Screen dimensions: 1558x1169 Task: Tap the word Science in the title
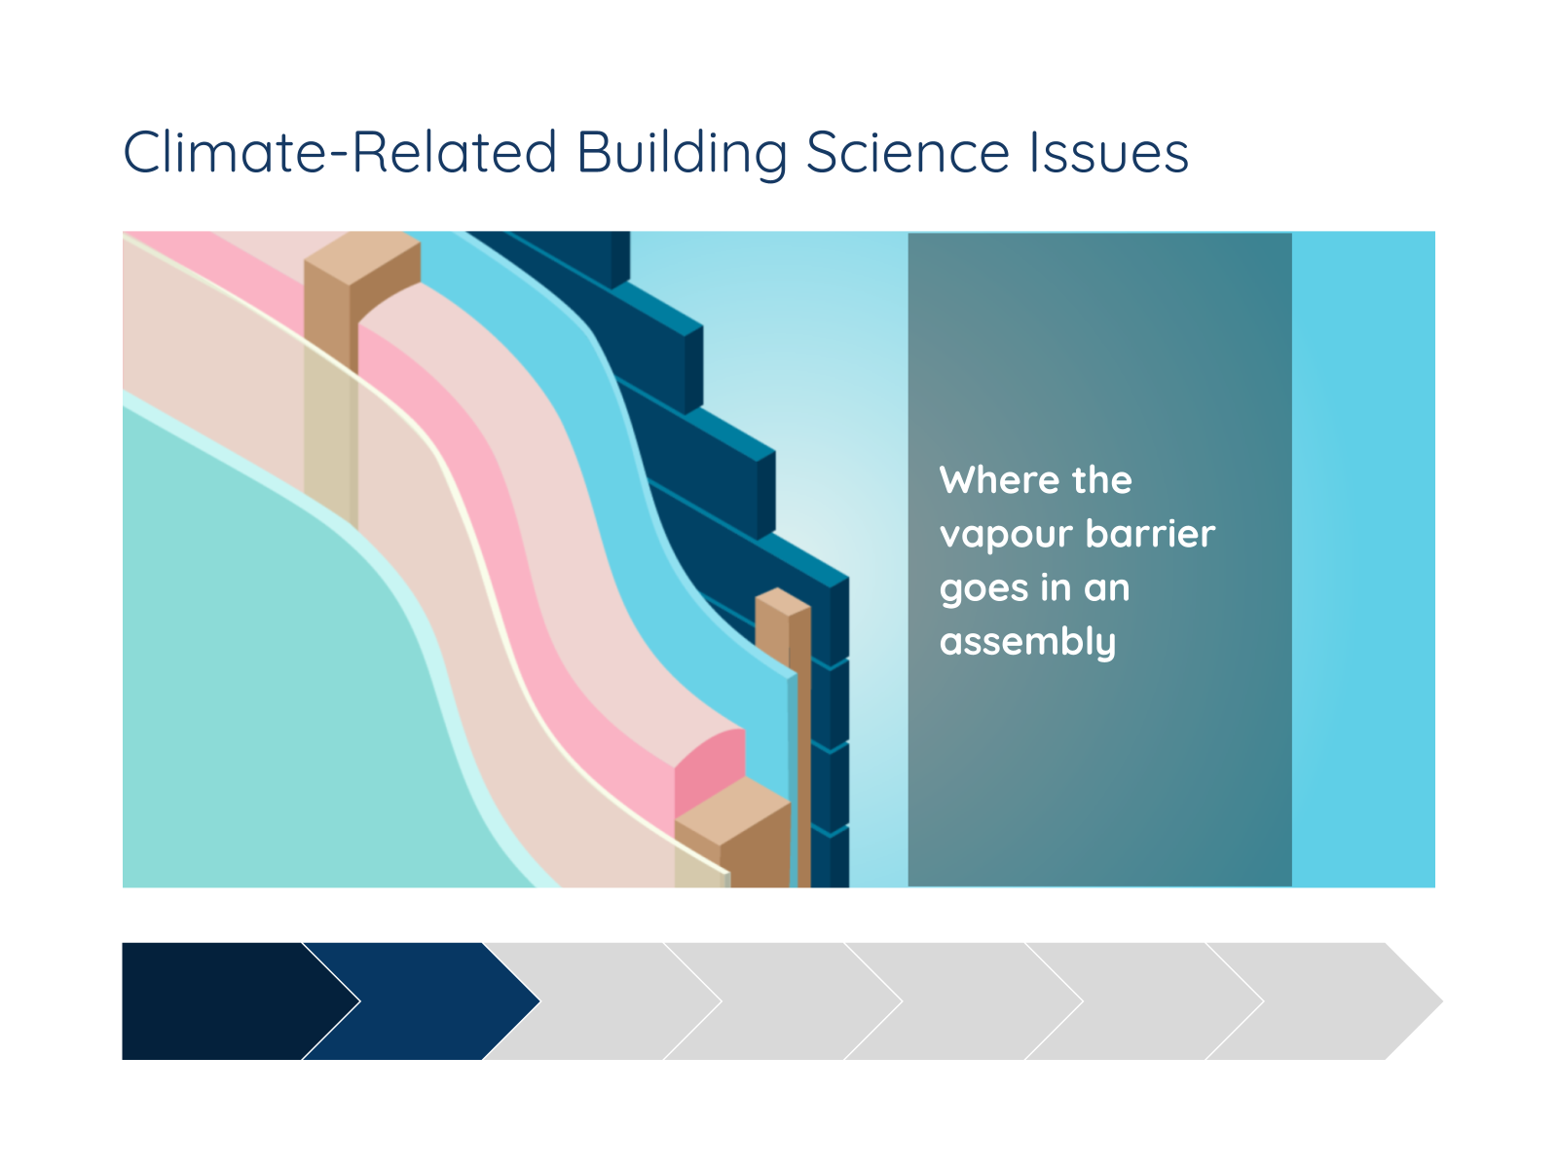908,152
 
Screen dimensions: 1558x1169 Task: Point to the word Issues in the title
1109,152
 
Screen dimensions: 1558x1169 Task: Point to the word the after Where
1101,480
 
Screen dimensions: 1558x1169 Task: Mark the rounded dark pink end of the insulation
709,771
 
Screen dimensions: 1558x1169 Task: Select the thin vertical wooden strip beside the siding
792,738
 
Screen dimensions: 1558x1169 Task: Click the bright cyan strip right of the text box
1363,559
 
